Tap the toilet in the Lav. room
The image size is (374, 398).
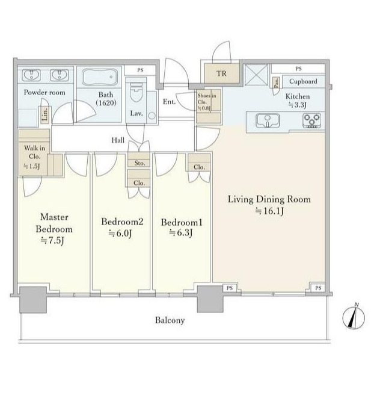pyautogui.click(x=136, y=92)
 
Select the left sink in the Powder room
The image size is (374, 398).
pyautogui.click(x=31, y=75)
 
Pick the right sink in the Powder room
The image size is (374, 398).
pyautogui.click(x=60, y=75)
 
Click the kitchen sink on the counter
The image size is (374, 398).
pyautogui.click(x=268, y=120)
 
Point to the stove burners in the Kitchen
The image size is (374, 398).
pyautogui.click(x=312, y=120)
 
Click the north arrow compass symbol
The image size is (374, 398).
pyautogui.click(x=354, y=317)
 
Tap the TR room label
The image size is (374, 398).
pyautogui.click(x=221, y=73)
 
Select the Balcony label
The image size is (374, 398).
pyautogui.click(x=170, y=320)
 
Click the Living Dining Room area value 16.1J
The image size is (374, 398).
pyautogui.click(x=269, y=211)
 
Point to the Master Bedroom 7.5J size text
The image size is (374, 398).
pyautogui.click(x=53, y=240)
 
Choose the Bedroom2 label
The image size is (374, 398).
pyautogui.click(x=122, y=222)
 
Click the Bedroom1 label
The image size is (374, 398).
pyautogui.click(x=182, y=222)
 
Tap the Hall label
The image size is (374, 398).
pyautogui.click(x=118, y=140)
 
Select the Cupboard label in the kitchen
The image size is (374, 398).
pyautogui.click(x=303, y=81)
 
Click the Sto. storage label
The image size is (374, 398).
pyautogui.click(x=139, y=163)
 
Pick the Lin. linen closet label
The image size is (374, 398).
pyautogui.click(x=45, y=114)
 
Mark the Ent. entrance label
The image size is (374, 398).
pyautogui.click(x=169, y=102)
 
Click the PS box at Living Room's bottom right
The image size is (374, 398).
pyautogui.click(x=318, y=288)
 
